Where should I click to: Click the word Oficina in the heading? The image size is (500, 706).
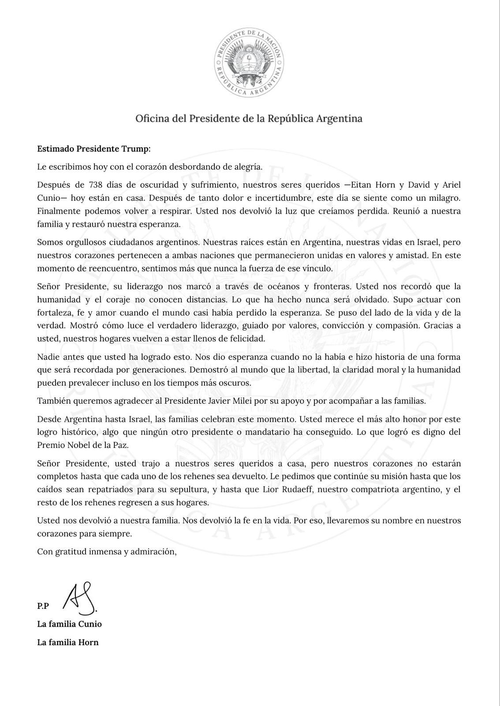(150, 119)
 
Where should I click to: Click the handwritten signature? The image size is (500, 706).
(80, 599)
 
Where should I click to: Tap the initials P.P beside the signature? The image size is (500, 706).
(43, 606)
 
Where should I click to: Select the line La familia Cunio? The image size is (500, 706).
(69, 624)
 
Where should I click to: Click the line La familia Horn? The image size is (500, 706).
(68, 642)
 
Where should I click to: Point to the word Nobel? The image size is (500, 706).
(80, 445)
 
